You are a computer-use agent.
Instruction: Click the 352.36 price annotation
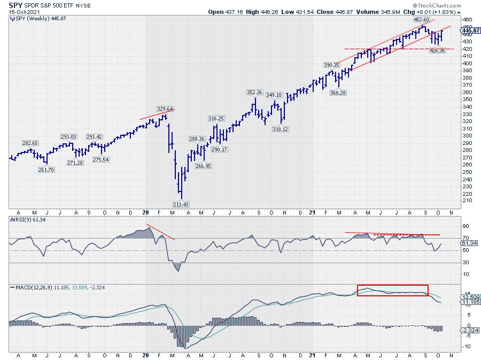[255, 92]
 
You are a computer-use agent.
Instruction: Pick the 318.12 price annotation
[282, 128]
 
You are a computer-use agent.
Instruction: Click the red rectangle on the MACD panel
[393, 290]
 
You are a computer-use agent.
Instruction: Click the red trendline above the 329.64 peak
[157, 113]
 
